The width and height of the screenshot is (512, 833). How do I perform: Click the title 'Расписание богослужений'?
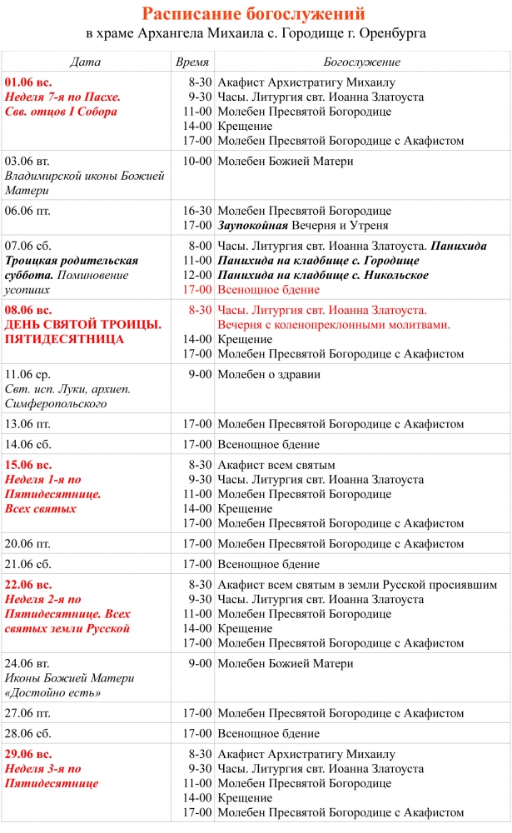click(253, 14)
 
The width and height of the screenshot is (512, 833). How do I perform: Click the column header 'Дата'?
click(86, 62)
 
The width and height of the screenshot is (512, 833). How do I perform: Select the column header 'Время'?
click(192, 62)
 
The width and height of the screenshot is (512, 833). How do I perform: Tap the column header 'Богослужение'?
click(361, 62)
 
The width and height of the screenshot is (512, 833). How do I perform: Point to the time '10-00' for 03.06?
click(197, 162)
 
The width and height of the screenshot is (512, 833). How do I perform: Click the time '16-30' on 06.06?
click(197, 211)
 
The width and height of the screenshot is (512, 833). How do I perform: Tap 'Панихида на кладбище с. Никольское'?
click(323, 276)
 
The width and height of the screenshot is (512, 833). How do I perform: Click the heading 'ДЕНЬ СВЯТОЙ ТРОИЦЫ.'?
click(83, 324)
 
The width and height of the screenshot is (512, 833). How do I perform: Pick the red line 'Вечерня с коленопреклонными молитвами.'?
click(334, 325)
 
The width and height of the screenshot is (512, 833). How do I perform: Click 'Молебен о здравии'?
click(269, 375)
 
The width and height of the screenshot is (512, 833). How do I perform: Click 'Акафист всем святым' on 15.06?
click(276, 465)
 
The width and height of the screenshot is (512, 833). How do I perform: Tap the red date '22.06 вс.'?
click(28, 584)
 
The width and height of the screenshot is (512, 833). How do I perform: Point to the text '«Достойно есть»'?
click(46, 693)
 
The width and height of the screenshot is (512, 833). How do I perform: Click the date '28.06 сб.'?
click(28, 734)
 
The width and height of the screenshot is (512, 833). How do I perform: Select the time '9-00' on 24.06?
click(200, 664)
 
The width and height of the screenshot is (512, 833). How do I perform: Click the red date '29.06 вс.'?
click(28, 754)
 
